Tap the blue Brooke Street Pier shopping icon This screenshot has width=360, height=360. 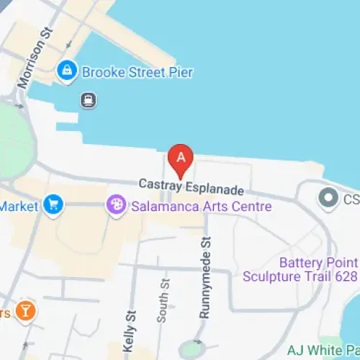coord(67,71)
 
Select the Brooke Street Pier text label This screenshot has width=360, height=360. coord(137,72)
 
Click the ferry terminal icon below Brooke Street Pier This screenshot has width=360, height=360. coord(88,100)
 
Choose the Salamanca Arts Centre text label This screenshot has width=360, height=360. coord(202,207)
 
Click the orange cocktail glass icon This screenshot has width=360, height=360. coord(26,311)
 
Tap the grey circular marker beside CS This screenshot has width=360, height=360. coord(328,196)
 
